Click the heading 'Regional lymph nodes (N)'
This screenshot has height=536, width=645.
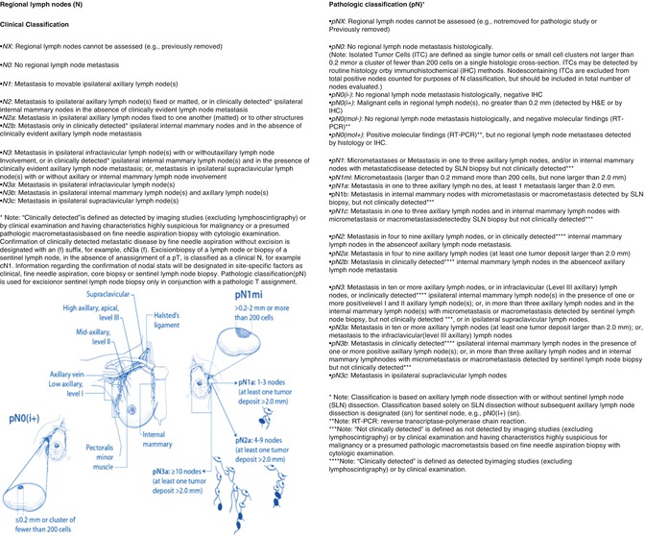(51, 9)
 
